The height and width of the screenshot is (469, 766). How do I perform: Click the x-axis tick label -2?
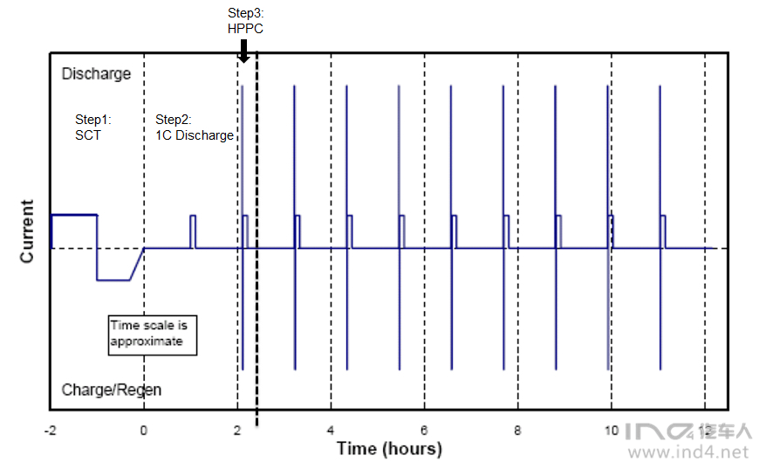tap(50, 430)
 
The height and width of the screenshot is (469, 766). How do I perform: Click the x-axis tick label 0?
tap(144, 430)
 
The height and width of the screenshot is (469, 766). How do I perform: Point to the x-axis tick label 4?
tap(331, 430)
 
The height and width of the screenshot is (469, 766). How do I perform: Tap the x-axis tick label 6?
tap(424, 430)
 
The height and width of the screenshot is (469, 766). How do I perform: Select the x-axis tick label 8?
tap(518, 430)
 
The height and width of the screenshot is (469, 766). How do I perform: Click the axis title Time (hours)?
tap(389, 449)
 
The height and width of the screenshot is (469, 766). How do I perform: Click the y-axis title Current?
tap(28, 231)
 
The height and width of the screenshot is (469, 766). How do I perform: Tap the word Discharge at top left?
tap(96, 74)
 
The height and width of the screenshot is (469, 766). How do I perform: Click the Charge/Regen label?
tap(112, 390)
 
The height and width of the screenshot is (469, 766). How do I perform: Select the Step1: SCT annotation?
tap(93, 128)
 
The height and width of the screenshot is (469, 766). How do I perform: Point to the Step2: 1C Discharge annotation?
tap(194, 128)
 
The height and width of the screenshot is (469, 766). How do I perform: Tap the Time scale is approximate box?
tap(153, 334)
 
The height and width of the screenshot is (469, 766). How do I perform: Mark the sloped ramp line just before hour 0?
tap(137, 265)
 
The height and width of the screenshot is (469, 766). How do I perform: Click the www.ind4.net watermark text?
tap(688, 452)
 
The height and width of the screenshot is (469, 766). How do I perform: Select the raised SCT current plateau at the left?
tap(73, 214)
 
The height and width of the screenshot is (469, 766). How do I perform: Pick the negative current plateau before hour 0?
tap(113, 280)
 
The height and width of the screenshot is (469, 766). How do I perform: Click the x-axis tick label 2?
tap(237, 430)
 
